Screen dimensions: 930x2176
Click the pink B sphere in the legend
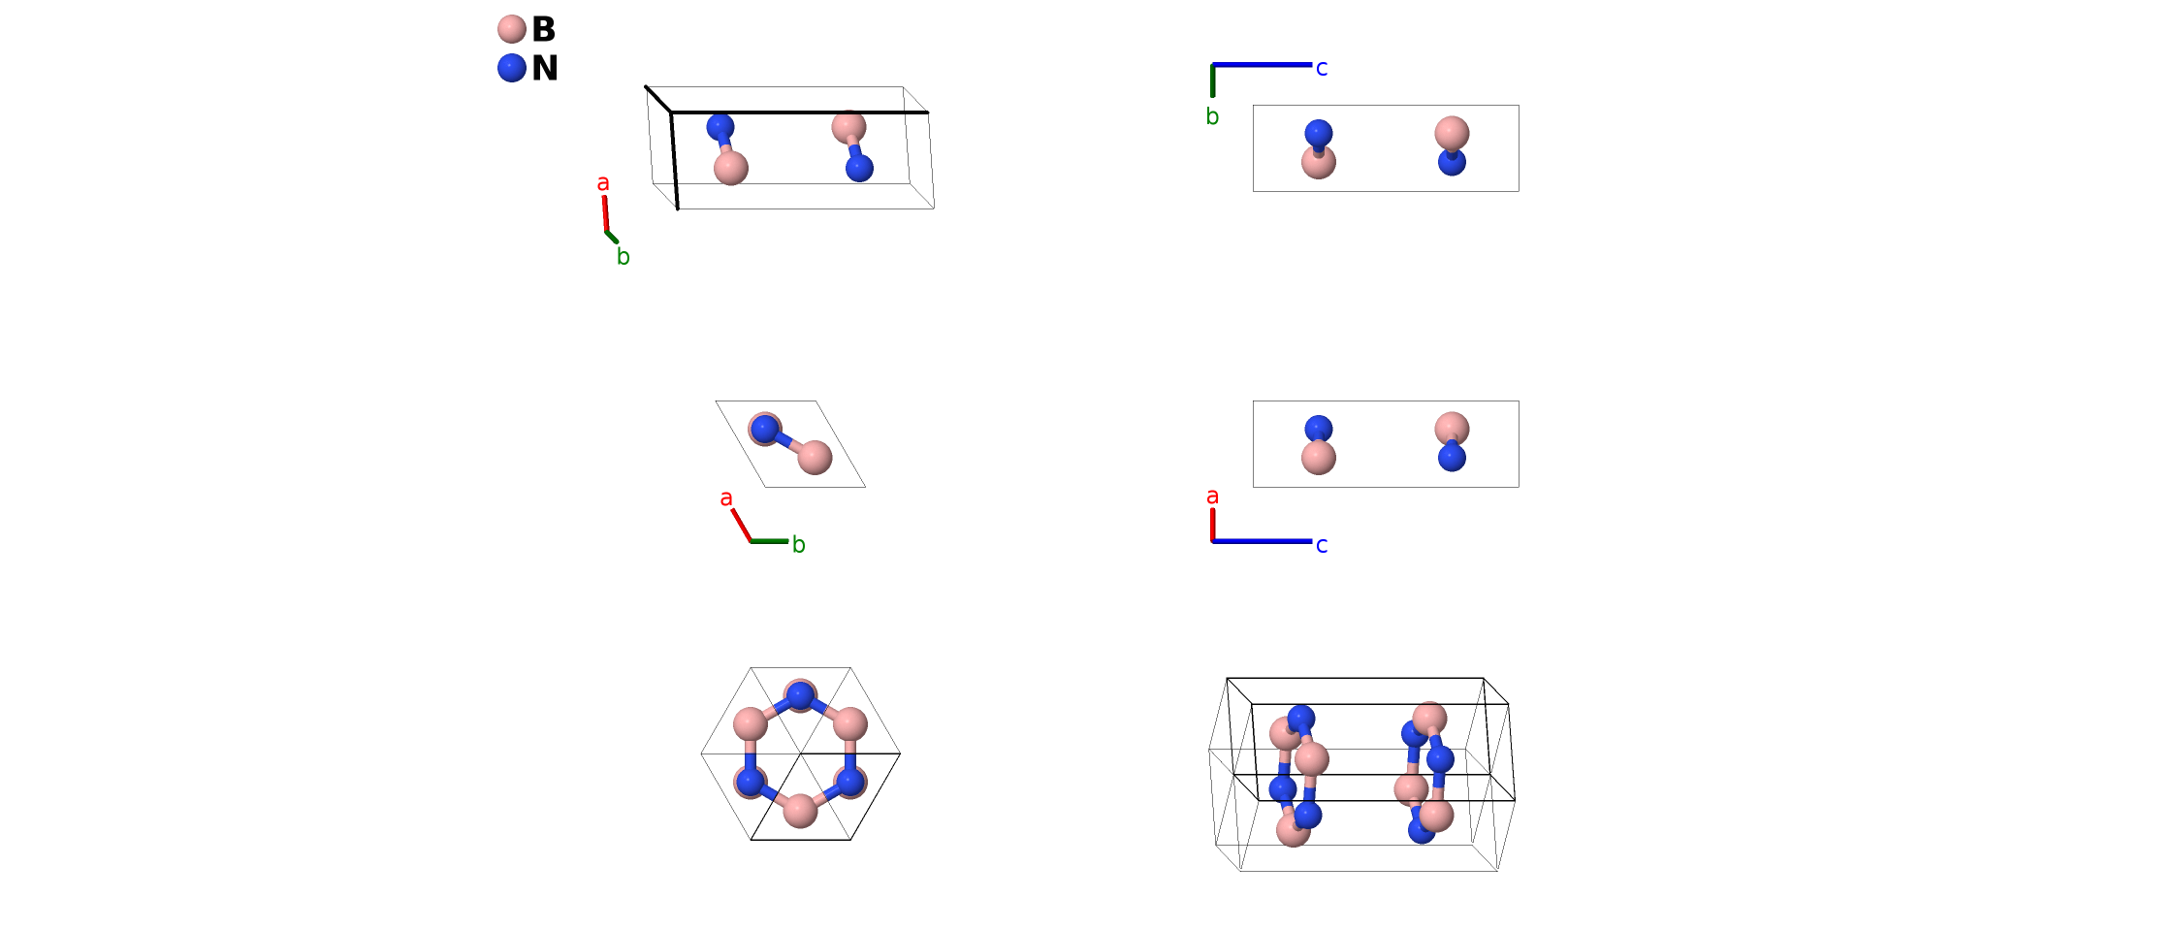point(511,29)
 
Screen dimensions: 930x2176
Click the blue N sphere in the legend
point(511,68)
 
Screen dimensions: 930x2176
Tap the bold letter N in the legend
point(545,68)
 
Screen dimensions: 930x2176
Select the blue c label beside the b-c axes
point(1322,68)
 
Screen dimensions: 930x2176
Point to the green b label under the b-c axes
point(1212,117)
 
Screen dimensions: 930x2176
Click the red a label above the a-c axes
point(1212,497)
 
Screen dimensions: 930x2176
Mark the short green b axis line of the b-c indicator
point(1213,81)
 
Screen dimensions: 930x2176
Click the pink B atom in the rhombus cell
point(815,457)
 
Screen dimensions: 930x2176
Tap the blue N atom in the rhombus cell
point(764,429)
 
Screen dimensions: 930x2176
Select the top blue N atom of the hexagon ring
point(800,694)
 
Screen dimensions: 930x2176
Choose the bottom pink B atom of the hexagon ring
point(800,811)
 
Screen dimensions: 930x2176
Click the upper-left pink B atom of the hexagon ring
point(751,723)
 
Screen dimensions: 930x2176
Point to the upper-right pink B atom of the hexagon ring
point(850,723)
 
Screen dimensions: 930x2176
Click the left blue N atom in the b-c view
point(1319,133)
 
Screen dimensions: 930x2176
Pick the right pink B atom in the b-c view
point(1452,132)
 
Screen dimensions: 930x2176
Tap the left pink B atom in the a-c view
point(1319,457)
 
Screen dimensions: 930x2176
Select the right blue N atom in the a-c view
point(1452,457)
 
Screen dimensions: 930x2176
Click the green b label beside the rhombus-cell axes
point(799,545)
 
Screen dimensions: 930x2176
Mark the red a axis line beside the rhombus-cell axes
point(741,525)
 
